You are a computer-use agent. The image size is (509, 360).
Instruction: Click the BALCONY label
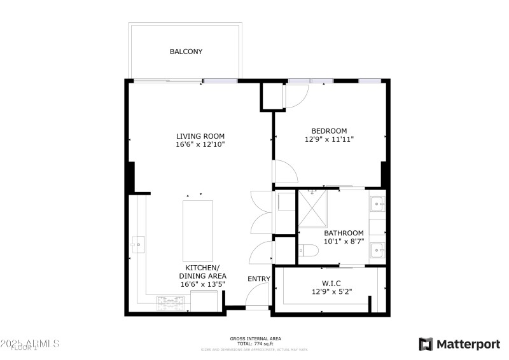pos(186,52)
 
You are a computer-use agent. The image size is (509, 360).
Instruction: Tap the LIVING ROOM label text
pos(200,135)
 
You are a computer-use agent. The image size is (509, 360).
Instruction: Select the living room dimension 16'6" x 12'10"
pos(200,144)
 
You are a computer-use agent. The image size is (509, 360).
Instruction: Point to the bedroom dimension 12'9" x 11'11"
pos(329,139)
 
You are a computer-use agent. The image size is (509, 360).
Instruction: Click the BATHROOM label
pos(344,233)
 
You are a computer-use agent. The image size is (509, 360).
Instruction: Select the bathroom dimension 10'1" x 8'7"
pos(344,242)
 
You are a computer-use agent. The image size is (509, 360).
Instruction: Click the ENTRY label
pos(259,279)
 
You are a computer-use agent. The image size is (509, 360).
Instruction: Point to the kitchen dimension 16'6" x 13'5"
pos(202,284)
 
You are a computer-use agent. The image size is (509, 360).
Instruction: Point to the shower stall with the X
pos(311,207)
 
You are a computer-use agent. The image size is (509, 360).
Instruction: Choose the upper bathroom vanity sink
pos(377,204)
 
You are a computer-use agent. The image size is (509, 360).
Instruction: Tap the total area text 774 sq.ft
pos(255,343)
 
